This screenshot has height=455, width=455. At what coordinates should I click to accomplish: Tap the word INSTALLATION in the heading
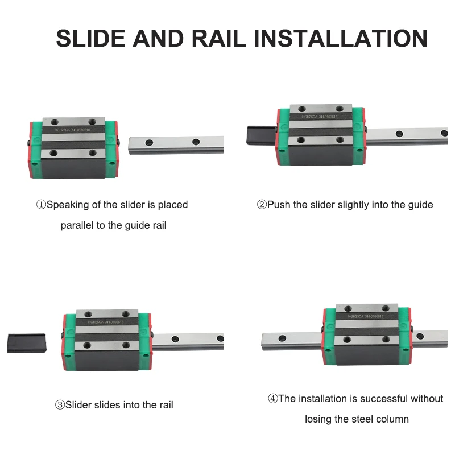coord(340,39)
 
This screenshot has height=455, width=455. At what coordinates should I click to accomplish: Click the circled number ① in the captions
coord(40,205)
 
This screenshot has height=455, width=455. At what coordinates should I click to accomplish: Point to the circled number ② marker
coord(262,205)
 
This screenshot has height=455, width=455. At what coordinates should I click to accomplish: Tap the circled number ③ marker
coord(60,405)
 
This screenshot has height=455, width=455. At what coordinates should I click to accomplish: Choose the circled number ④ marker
coord(273,399)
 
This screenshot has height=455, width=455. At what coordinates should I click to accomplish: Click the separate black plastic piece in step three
coord(26,343)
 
